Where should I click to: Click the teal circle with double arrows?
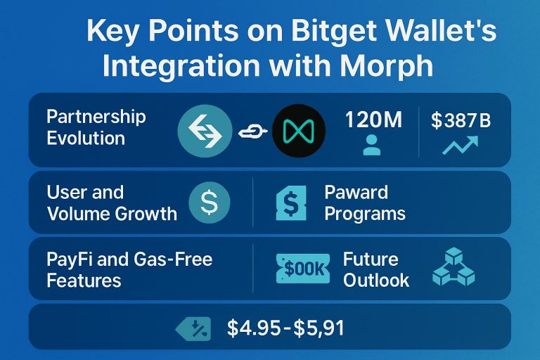click(205, 130)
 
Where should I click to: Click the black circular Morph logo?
click(298, 130)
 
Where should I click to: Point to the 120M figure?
click(373, 120)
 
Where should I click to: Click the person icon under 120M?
click(371, 146)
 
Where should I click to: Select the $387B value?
click(461, 120)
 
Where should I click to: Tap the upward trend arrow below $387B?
click(460, 146)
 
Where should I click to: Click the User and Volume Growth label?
click(111, 202)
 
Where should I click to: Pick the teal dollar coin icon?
click(210, 202)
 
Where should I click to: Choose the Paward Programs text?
click(364, 202)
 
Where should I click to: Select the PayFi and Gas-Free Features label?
click(129, 269)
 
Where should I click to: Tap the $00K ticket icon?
click(304, 269)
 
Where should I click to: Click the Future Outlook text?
click(375, 269)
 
